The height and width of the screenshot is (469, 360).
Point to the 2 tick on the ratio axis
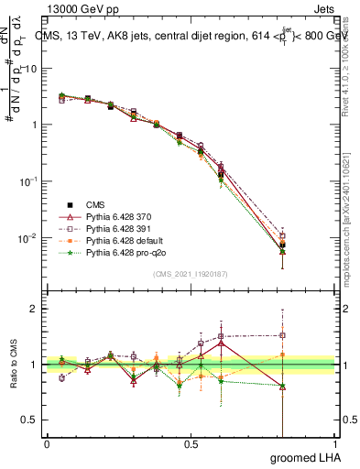pos(34,309)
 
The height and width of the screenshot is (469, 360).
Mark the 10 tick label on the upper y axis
pos(30,69)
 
